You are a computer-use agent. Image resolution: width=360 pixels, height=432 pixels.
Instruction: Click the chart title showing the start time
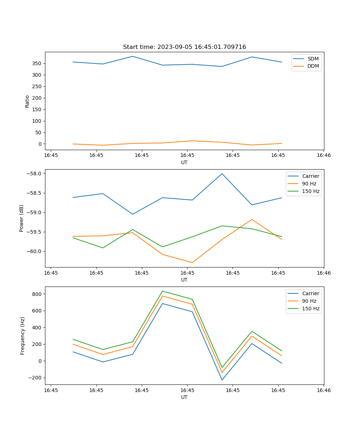(184, 47)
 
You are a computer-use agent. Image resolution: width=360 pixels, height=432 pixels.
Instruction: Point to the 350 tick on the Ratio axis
(37, 63)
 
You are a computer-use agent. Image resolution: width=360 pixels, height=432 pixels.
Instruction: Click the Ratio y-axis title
(27, 101)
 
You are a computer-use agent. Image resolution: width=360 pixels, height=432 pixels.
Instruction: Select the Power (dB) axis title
(22, 218)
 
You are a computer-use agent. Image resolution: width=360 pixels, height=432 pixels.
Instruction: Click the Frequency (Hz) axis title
(23, 336)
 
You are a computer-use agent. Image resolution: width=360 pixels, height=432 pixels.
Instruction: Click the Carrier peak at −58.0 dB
(222, 174)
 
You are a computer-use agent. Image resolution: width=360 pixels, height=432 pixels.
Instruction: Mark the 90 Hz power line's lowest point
(192, 262)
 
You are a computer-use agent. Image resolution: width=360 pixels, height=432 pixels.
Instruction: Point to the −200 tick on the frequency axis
(35, 378)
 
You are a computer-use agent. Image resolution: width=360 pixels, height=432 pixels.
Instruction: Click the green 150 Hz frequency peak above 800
(162, 291)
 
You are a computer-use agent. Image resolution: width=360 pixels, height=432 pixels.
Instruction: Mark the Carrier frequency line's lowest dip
(222, 380)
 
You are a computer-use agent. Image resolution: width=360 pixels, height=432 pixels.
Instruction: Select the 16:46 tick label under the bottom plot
(324, 390)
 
